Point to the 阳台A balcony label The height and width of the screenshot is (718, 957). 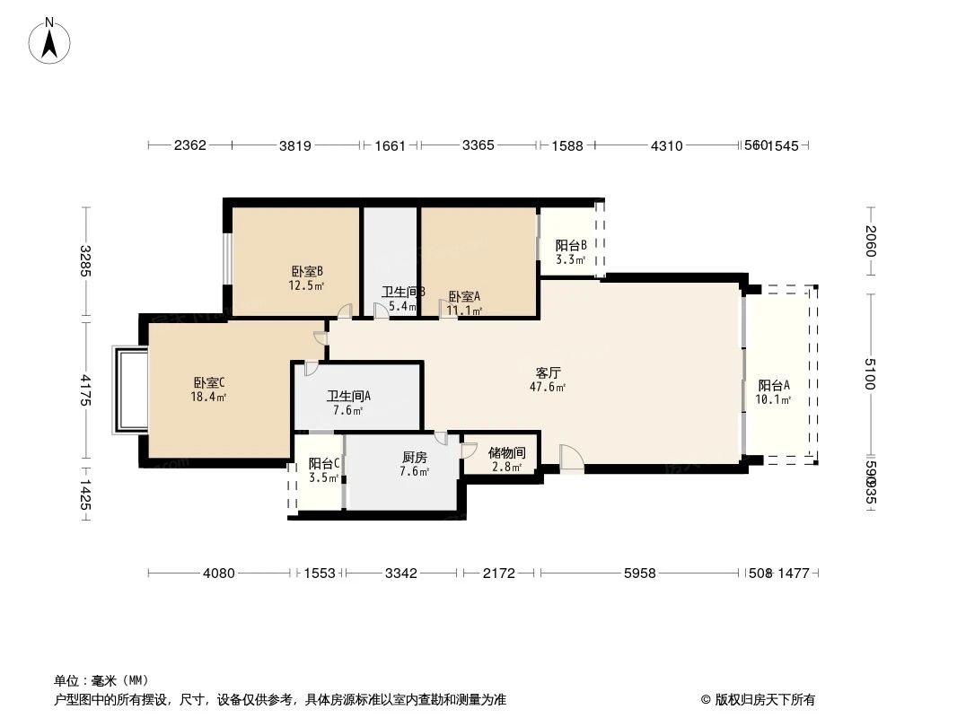[x=773, y=386]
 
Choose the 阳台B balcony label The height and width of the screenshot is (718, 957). [x=571, y=245]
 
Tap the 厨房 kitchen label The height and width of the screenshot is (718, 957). [x=414, y=457]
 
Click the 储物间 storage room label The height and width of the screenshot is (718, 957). [x=507, y=453]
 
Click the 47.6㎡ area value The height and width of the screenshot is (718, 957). [x=549, y=388]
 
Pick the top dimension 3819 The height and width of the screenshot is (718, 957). [x=295, y=145]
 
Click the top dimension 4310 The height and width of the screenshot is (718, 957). [x=666, y=145]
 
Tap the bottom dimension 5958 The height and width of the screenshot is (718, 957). [x=639, y=573]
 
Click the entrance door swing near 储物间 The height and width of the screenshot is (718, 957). [x=570, y=458]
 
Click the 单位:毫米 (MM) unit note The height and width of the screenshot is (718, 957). [x=101, y=680]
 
